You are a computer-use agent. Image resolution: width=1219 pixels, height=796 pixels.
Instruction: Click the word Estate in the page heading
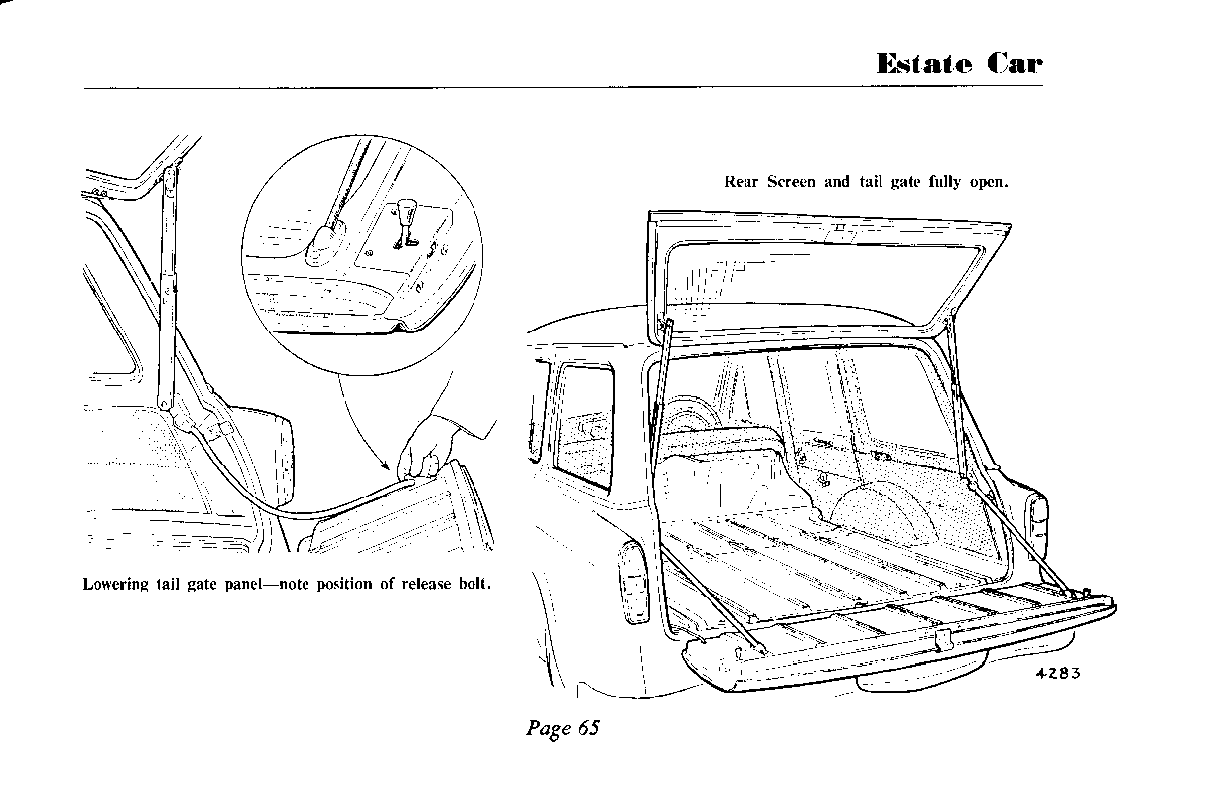point(924,64)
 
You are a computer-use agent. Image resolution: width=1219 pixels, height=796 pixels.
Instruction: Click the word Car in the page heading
point(1015,64)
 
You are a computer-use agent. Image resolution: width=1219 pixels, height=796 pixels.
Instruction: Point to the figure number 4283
point(1057,672)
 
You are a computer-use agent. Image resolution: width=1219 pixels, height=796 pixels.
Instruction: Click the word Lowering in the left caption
point(115,584)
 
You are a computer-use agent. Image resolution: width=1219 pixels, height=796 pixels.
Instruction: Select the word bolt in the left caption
point(473,584)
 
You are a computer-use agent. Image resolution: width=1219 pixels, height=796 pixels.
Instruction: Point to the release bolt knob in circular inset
point(406,208)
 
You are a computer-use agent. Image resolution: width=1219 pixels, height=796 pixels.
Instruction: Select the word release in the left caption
point(425,584)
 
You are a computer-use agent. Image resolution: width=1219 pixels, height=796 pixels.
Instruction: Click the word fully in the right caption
point(947,183)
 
